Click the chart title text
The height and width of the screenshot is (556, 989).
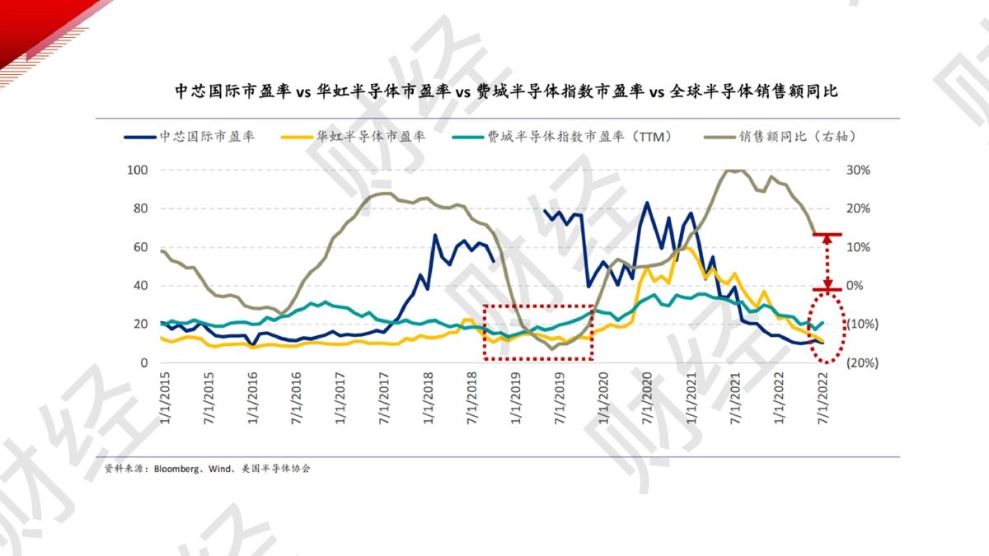[x=506, y=91]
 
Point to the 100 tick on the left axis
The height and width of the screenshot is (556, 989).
[x=138, y=170]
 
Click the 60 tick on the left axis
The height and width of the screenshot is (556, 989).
[x=140, y=247]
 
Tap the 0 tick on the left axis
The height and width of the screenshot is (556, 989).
[x=144, y=362]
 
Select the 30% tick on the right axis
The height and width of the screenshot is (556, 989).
[x=858, y=170]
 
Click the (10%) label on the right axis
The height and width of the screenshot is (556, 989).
[x=862, y=324]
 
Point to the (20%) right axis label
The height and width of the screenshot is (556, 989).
[x=862, y=362]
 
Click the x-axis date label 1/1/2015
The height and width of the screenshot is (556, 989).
[x=165, y=399]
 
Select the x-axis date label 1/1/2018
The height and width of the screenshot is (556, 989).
[x=429, y=399]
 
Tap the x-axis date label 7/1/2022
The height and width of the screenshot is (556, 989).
[x=823, y=399]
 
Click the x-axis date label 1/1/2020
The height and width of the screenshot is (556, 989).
[x=603, y=399]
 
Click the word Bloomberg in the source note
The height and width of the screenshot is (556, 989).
[x=176, y=469]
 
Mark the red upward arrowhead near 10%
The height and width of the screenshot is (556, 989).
[x=827, y=240]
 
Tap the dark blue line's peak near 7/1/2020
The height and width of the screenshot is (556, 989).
[x=647, y=203]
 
